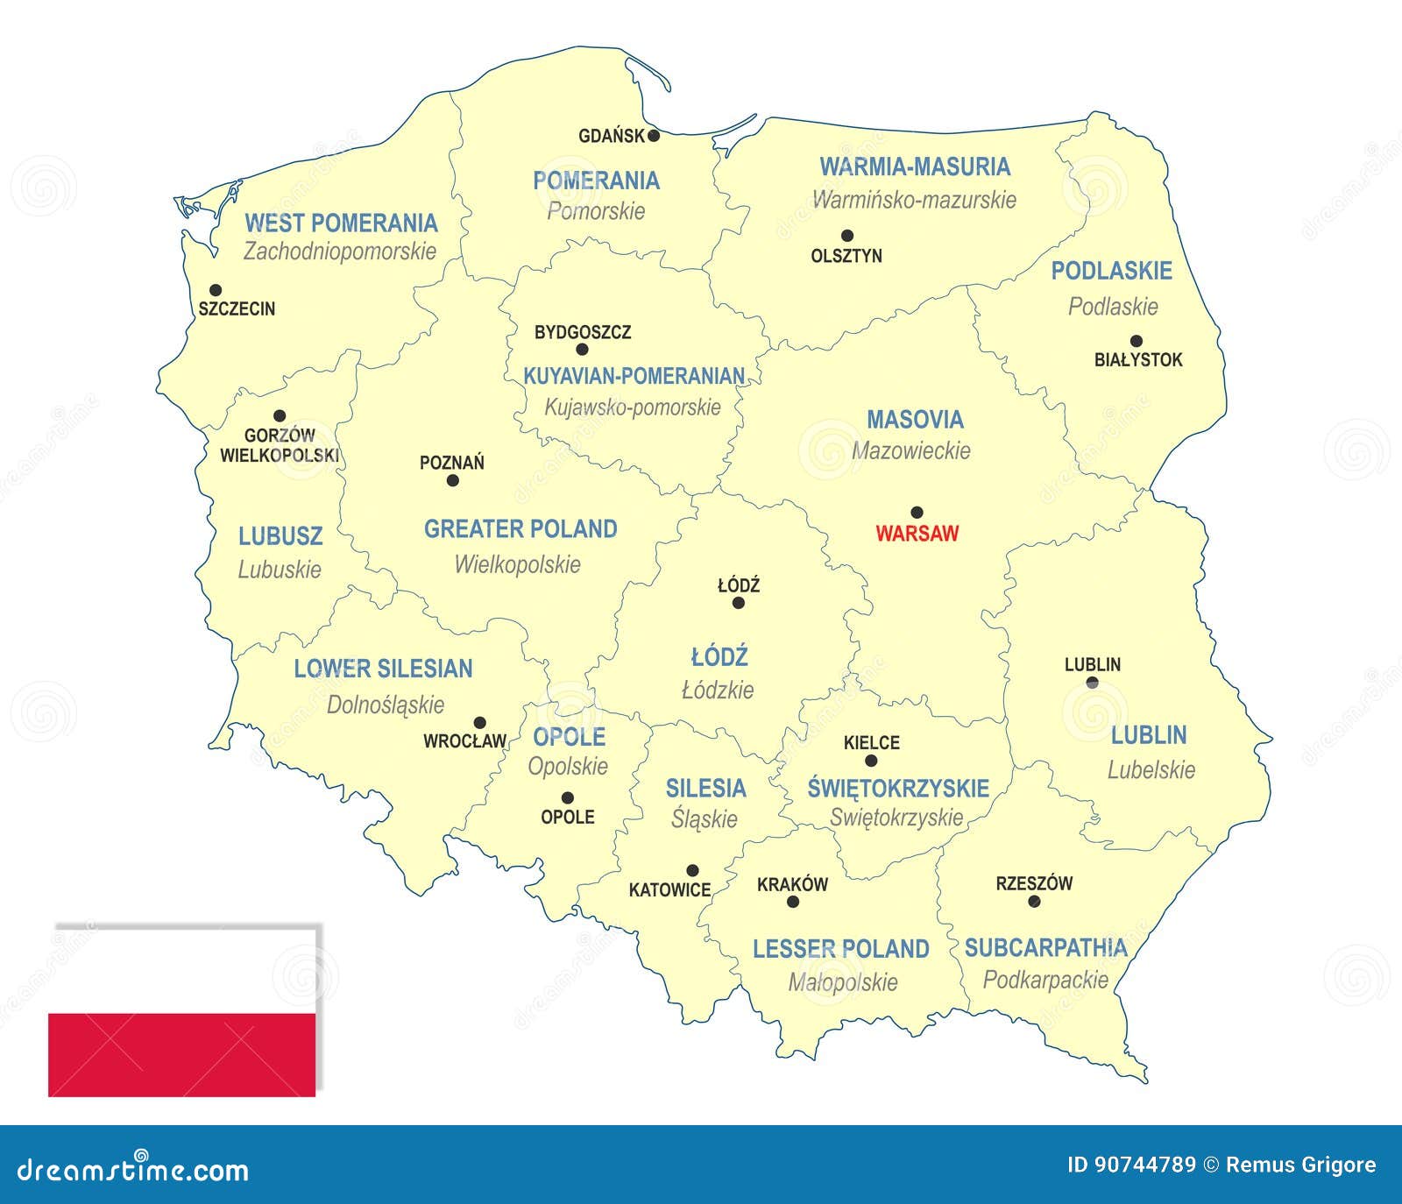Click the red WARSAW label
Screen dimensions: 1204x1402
tap(917, 533)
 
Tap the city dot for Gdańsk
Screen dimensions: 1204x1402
tap(654, 136)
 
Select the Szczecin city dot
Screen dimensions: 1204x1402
tap(216, 290)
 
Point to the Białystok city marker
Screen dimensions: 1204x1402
tap(1136, 341)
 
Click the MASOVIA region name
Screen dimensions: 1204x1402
tap(915, 420)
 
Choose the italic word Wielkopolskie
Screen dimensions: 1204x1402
tap(517, 564)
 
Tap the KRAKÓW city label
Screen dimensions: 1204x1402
tap(792, 884)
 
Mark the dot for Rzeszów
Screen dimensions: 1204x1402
tap(1034, 901)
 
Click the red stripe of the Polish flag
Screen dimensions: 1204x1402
tap(181, 1054)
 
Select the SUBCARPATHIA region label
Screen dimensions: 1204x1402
tap(1045, 947)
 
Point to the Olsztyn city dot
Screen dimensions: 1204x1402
tap(846, 236)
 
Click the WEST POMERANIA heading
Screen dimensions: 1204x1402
tap(340, 223)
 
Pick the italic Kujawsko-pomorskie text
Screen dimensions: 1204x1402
tap(633, 407)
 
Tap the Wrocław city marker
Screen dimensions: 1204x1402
tap(479, 723)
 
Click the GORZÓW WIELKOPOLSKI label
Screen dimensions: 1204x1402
tap(280, 445)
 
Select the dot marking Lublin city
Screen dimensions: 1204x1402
tap(1092, 683)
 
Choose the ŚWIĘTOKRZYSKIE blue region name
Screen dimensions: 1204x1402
tap(898, 788)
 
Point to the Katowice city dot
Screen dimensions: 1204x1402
tap(692, 870)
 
